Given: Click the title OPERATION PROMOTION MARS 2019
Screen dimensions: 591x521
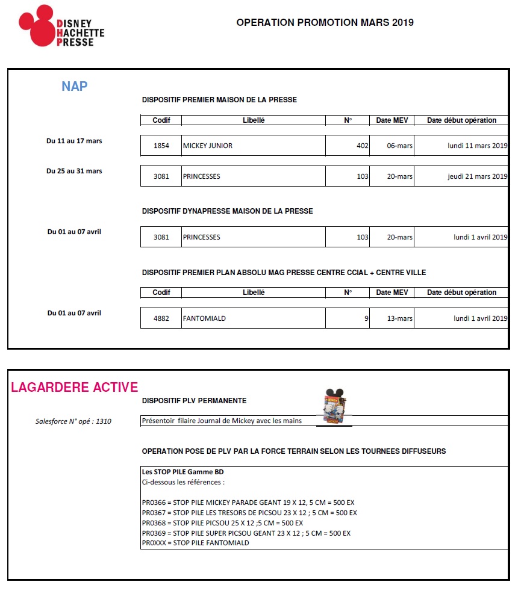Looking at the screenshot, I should pos(325,23).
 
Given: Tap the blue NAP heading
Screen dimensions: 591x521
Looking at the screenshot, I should pos(74,86).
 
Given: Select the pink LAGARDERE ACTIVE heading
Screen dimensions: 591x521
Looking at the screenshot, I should pos(74,387).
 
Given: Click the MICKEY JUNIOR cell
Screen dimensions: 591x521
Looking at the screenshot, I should pos(208,146).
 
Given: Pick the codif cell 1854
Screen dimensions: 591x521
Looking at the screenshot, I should pos(161,146).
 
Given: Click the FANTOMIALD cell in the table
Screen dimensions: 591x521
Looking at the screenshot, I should pos(204,318).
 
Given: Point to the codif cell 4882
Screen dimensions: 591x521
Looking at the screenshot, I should pos(161,318).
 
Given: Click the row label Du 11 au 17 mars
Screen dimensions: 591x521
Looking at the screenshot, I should pos(74,141).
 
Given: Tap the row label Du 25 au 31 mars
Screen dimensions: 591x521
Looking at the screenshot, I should pos(74,171).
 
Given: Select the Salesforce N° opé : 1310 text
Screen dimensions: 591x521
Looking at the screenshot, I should pos(73,421).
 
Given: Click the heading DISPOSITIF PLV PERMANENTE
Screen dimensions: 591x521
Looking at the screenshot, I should pos(194,401).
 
